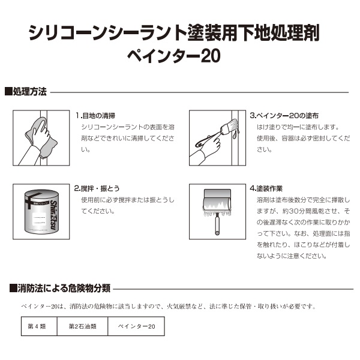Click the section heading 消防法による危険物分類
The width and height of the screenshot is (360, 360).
coord(60,288)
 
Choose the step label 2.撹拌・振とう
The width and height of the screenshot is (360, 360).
coord(98,187)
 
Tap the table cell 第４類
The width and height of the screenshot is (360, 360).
coord(36,326)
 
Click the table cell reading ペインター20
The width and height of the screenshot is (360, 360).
coord(136,326)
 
